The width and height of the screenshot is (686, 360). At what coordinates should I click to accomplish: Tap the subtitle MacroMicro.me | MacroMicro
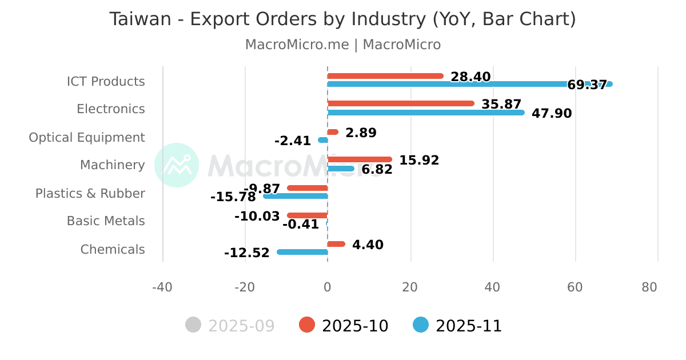(x=342, y=45)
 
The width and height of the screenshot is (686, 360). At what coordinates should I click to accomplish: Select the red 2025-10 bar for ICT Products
(x=385, y=76)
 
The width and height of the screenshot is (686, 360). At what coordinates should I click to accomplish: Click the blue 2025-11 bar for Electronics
(x=426, y=113)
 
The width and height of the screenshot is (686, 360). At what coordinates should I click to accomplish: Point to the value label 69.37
(x=587, y=85)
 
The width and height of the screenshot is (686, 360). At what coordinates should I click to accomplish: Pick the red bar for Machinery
(x=360, y=159)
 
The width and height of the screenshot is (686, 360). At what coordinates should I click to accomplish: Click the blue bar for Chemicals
(x=302, y=252)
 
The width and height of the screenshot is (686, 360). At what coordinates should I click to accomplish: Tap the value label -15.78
(x=233, y=197)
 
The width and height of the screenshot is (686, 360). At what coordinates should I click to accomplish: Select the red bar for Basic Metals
(x=308, y=215)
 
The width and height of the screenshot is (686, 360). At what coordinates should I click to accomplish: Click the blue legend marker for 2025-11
(x=420, y=325)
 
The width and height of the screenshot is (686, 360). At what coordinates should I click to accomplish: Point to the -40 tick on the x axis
(x=162, y=287)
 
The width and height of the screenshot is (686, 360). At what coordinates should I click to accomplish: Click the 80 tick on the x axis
(x=649, y=287)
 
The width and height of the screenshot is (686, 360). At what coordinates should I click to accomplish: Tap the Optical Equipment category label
(x=87, y=138)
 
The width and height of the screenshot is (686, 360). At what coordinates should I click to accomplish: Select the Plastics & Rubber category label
(x=90, y=194)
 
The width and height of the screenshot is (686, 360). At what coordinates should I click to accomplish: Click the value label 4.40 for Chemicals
(x=368, y=245)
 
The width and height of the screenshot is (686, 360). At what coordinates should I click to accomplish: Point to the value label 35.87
(x=501, y=105)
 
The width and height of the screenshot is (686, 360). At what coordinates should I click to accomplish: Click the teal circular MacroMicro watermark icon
(x=177, y=165)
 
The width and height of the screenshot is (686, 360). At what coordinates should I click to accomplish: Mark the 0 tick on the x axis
(x=328, y=287)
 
